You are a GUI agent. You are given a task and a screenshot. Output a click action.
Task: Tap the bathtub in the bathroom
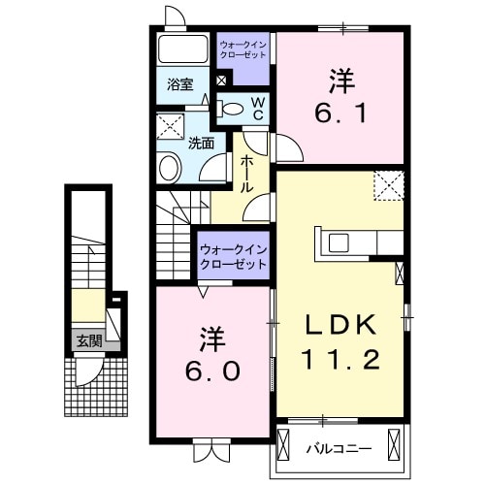[x=181, y=50]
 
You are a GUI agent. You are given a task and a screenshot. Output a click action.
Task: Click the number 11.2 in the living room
[x=339, y=359]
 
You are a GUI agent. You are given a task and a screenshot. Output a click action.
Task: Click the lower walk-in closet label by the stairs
[x=234, y=257]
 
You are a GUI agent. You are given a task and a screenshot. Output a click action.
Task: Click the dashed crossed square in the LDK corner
[x=389, y=182]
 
